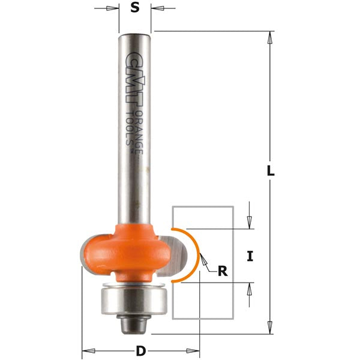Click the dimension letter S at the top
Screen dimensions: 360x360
coord(135,8)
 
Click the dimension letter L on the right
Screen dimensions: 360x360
coord(271,170)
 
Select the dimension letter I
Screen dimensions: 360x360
coord(250,256)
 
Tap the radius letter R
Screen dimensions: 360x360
coord(223,271)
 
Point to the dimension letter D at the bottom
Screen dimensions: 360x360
coord(140,349)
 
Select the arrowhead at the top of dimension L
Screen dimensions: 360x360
coord(271,37)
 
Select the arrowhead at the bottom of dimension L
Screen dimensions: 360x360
coord(271,328)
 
